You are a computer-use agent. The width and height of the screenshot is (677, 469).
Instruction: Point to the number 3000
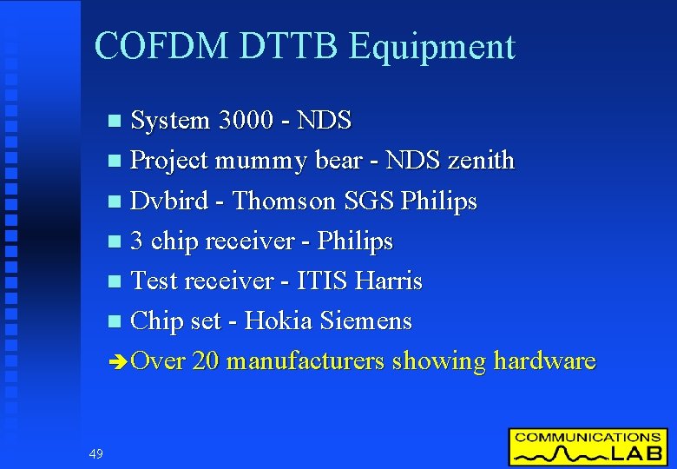(252, 120)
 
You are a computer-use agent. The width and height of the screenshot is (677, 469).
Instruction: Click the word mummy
(254, 162)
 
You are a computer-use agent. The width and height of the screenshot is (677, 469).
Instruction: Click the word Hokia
(279, 320)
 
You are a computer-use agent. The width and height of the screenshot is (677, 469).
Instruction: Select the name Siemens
(365, 320)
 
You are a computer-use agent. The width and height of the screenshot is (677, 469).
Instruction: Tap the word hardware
(544, 360)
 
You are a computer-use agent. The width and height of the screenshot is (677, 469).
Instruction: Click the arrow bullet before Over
(119, 361)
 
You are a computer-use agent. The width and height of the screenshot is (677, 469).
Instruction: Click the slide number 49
(95, 452)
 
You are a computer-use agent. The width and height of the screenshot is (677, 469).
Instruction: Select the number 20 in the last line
(205, 360)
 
